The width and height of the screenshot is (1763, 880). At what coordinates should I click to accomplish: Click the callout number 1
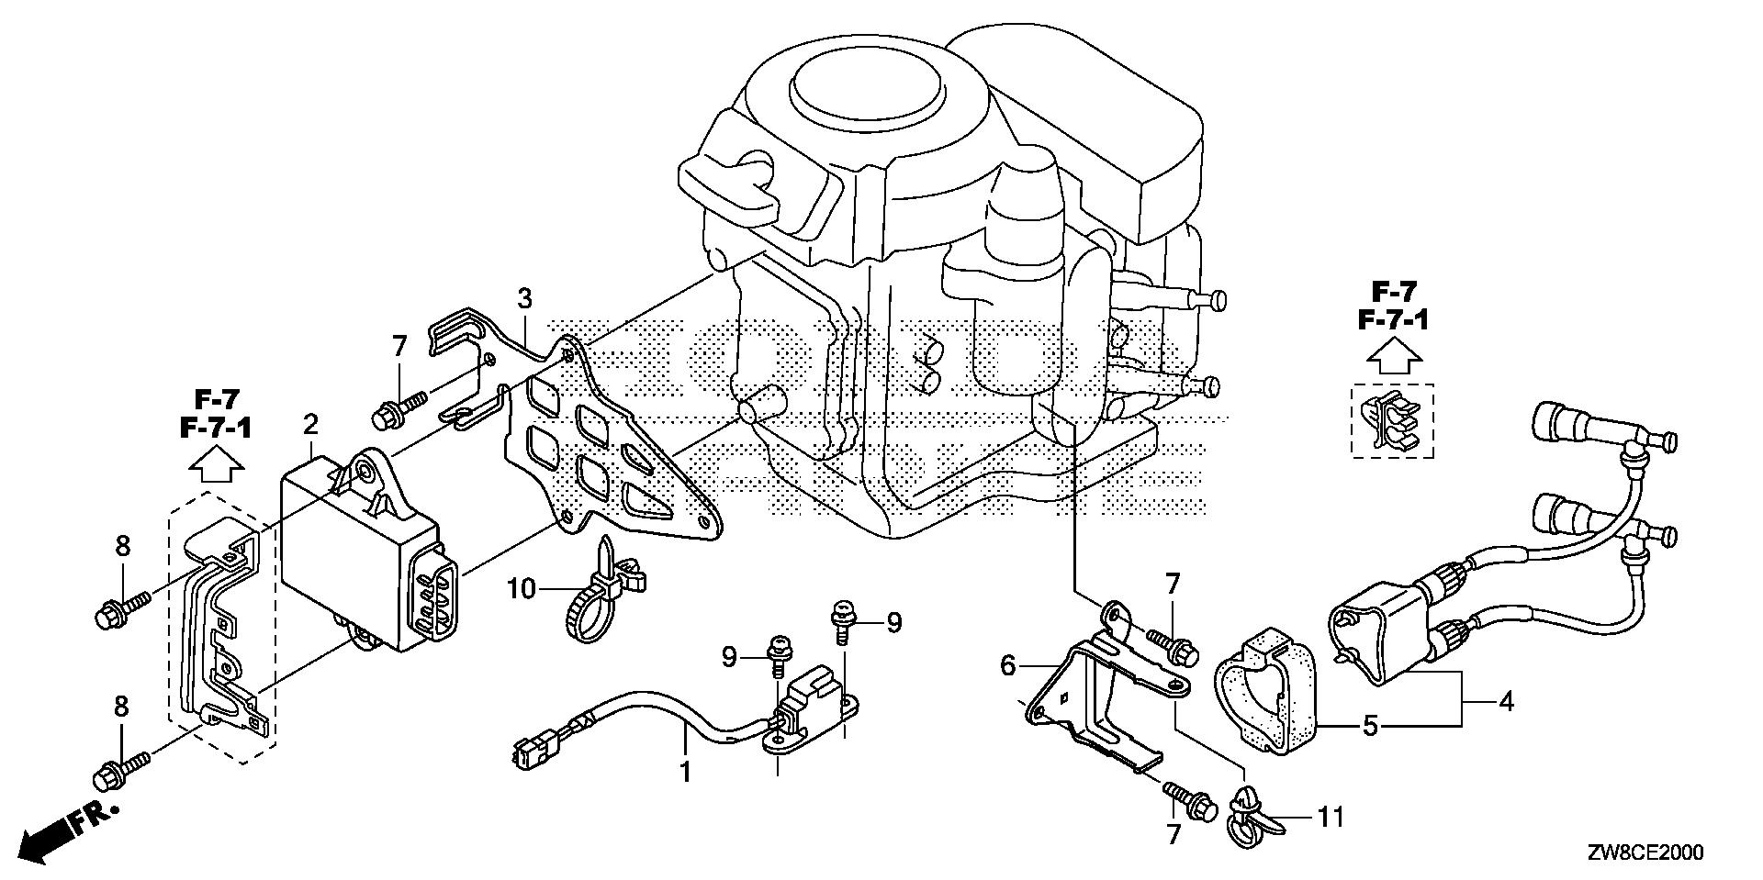pos(685,772)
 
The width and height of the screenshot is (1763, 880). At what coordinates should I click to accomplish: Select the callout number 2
pos(311,424)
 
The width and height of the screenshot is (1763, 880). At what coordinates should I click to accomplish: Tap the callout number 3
pos(524,298)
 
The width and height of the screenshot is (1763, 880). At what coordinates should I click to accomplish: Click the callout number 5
pos(1370,727)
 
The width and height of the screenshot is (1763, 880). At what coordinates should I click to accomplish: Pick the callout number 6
pos(1008,664)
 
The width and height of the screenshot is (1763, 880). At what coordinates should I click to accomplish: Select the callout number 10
pos(521,587)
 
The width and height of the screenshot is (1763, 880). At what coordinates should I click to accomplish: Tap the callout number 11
pos(1331,815)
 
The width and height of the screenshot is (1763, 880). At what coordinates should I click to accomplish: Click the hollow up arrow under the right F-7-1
pos(1393,358)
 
